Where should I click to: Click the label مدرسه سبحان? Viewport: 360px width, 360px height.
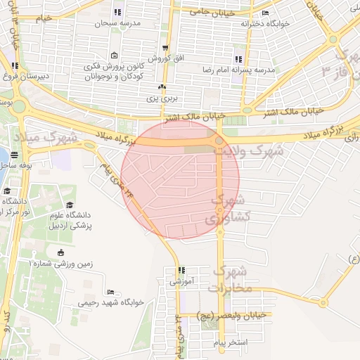(x=117, y=23)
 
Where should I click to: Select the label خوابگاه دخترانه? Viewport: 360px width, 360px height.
(x=265, y=23)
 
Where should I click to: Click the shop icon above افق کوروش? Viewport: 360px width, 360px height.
(x=165, y=48)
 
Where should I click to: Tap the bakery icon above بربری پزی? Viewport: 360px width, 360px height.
(x=162, y=86)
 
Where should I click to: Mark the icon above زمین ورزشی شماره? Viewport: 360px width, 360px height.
(x=60, y=252)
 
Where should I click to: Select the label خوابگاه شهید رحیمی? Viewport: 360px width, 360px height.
(x=115, y=302)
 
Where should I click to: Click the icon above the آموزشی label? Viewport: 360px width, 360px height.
(x=181, y=270)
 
